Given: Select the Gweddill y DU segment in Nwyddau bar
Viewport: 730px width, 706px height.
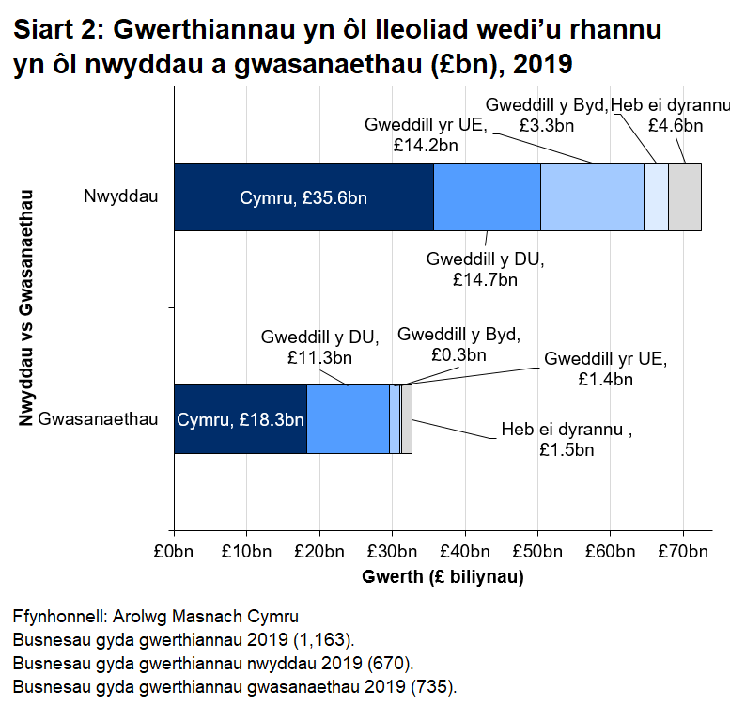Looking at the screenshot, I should [x=487, y=196].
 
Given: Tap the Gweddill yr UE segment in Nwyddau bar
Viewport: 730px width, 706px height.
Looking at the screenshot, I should [x=592, y=196].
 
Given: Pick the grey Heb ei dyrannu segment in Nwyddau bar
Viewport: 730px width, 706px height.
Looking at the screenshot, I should [x=685, y=196].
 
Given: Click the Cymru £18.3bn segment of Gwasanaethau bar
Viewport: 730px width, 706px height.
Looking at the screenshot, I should [x=241, y=419].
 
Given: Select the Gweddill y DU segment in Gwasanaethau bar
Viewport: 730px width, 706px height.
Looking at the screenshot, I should [x=348, y=419].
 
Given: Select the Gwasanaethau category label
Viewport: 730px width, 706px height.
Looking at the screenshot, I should [x=98, y=419].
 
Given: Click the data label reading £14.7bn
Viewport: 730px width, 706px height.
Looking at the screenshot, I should [x=485, y=278].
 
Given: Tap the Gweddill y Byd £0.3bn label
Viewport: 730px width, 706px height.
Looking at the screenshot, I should [x=458, y=345].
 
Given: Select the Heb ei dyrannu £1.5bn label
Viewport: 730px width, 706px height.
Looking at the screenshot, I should [x=567, y=440].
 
